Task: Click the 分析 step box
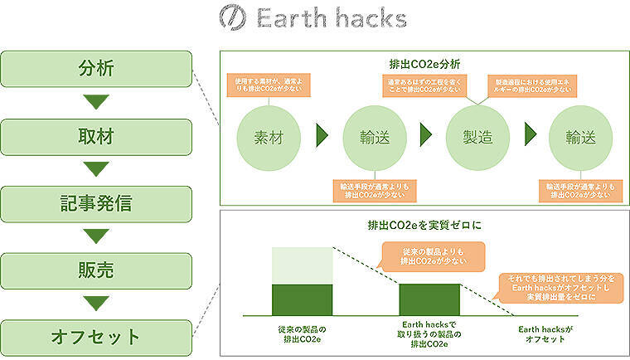point(97,69)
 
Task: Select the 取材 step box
point(97,136)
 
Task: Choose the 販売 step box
point(97,271)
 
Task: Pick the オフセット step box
point(97,338)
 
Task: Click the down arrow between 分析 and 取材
point(97,103)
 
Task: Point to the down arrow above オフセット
point(97,304)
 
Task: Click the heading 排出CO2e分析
point(423,63)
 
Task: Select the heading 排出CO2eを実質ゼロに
point(423,225)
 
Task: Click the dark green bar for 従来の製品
point(303,299)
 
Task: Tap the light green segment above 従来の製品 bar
point(303,265)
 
